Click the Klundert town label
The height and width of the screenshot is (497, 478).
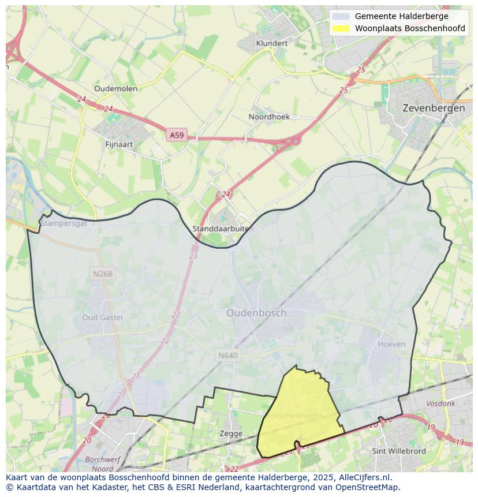coord(271,43)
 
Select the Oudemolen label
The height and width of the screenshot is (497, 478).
coord(115,88)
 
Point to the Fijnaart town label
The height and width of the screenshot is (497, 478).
coord(119,144)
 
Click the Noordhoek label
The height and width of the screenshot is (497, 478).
coord(269,117)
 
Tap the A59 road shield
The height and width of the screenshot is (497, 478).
coord(176,135)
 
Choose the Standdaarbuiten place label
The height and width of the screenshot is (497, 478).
coord(222,229)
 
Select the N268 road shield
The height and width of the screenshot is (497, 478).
coord(102,274)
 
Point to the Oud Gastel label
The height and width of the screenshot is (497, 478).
coord(103,317)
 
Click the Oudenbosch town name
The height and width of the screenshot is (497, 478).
coord(256,313)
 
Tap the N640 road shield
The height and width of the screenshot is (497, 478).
coord(227,356)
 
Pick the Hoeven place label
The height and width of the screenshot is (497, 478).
coord(391,344)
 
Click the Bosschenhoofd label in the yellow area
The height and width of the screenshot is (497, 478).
coord(294,416)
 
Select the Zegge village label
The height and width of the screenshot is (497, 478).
coord(231,434)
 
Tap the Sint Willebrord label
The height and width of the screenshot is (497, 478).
coord(399,451)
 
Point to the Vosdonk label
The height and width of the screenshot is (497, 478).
coord(440,404)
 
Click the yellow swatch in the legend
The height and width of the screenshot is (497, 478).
coord(341,28)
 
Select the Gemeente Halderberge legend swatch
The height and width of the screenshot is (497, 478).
coord(341,16)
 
